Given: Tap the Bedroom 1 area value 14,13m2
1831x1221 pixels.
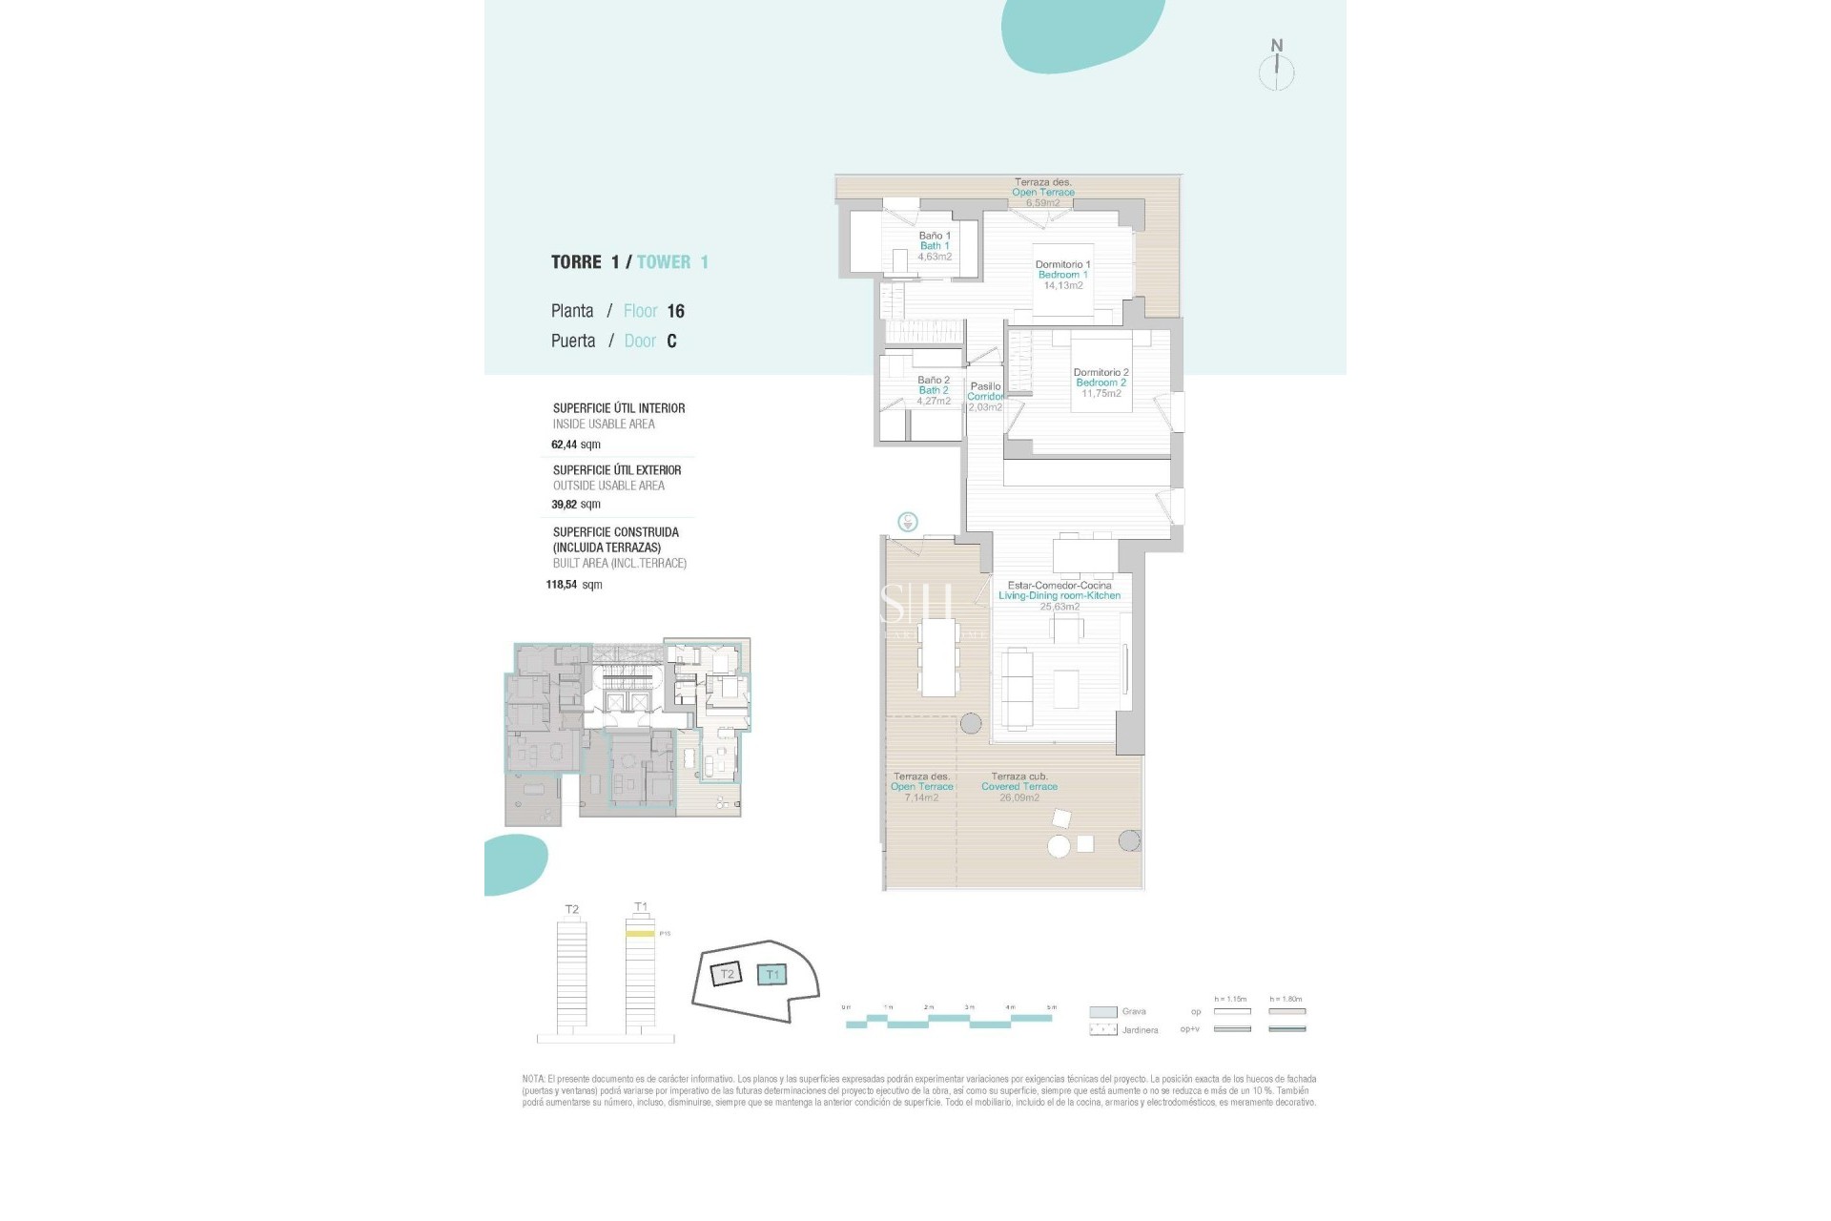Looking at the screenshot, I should (1062, 285).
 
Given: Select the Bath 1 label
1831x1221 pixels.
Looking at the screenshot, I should (935, 245).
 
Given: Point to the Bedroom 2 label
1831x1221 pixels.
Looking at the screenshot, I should (1101, 383).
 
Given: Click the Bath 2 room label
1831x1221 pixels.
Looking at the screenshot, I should (933, 390).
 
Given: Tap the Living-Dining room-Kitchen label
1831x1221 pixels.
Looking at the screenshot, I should (1060, 595).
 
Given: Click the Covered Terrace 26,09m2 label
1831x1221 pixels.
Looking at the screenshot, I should (1018, 787).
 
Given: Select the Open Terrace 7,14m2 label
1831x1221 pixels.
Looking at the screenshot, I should (921, 787).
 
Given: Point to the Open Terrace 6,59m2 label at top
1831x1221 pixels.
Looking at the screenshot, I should (1042, 193).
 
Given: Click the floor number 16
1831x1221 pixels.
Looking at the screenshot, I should (675, 311).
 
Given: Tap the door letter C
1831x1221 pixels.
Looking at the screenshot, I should (671, 341).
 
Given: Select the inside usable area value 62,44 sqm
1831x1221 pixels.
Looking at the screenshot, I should (576, 445).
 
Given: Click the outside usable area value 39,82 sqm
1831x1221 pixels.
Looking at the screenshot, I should (576, 505).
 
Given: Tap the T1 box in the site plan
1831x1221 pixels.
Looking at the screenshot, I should (772, 975).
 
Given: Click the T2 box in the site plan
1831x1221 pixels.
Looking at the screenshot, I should (727, 975).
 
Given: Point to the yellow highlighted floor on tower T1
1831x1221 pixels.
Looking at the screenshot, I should (640, 934).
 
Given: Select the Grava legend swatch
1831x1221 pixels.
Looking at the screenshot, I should (1103, 1012).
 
